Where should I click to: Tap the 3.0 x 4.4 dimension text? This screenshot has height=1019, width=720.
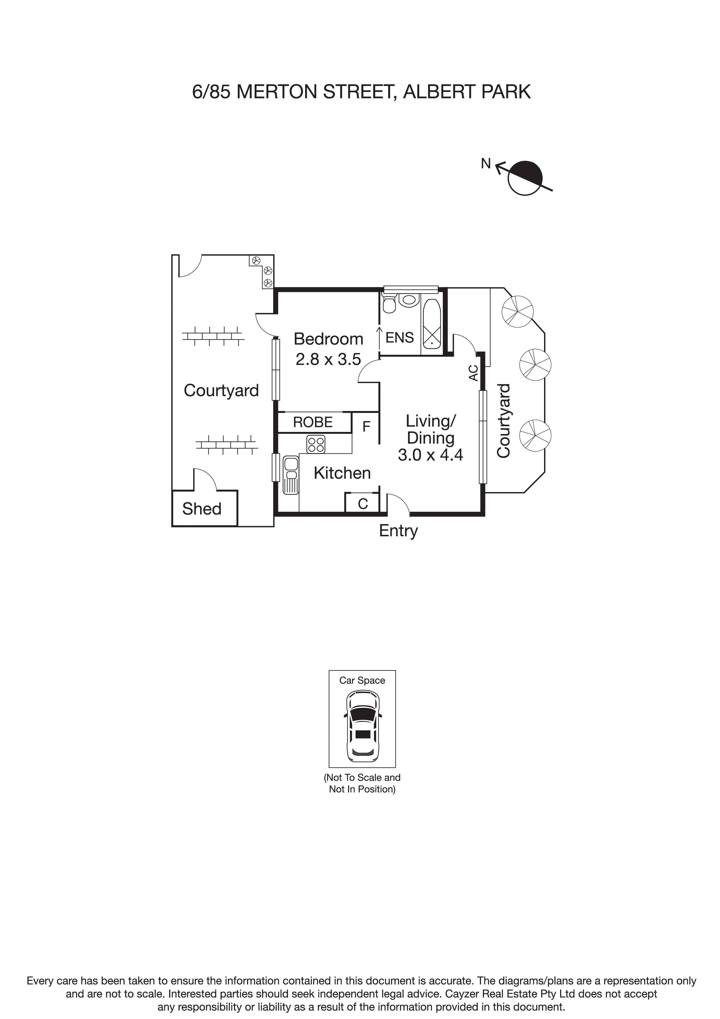(430, 455)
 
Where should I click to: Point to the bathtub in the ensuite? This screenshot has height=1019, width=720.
(432, 324)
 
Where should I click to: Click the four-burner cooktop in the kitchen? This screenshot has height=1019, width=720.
(316, 444)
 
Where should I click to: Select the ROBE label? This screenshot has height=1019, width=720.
(313, 422)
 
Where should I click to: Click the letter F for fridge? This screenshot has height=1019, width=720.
(366, 426)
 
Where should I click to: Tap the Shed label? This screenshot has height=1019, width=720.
(201, 509)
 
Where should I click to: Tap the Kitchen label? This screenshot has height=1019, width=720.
(342, 473)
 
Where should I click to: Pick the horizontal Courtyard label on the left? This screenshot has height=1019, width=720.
(221, 391)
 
